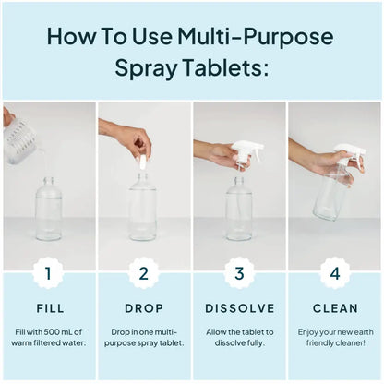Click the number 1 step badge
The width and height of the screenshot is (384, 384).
tap(48, 272)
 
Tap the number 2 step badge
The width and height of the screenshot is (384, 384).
tap(143, 272)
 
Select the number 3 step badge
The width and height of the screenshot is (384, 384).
tap(239, 272)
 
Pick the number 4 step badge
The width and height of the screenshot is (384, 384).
tap(334, 272)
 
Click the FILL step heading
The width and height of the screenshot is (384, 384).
tap(48, 307)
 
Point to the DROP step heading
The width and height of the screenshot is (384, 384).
tap(143, 307)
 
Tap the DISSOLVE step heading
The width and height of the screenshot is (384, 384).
tap(239, 307)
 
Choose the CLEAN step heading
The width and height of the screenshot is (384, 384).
tap(334, 307)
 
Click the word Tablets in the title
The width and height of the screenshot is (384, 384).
tap(219, 67)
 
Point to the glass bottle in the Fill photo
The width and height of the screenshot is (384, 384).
tap(48, 210)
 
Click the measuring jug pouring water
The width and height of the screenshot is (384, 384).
tap(20, 140)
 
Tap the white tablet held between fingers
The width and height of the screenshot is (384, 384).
tap(142, 163)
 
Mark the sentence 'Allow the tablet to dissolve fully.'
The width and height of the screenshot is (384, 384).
tap(239, 337)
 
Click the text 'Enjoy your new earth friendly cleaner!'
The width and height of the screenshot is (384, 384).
tap(334, 337)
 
